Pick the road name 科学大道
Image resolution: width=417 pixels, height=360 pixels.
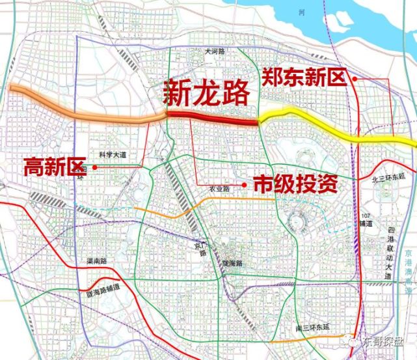coord(111,155)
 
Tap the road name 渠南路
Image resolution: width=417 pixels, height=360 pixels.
coord(96,261)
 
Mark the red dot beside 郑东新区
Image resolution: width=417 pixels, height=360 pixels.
coord(354,79)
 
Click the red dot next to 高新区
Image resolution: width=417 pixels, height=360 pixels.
coord(96,167)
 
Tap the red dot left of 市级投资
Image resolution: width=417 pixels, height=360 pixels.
coord(245,185)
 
